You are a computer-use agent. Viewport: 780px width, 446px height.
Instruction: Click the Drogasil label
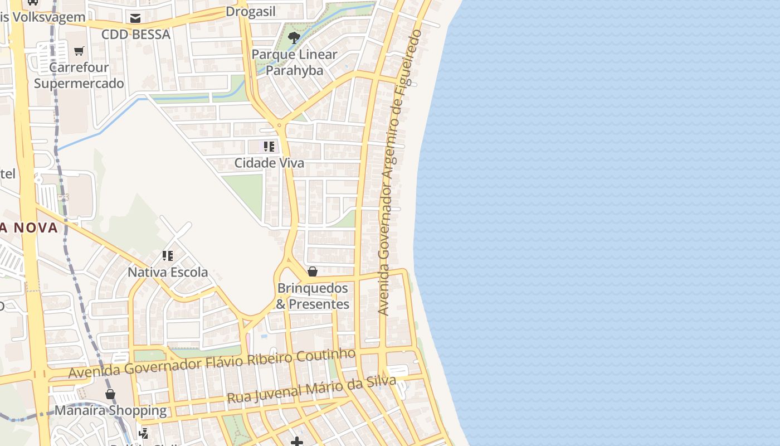coord(251,12)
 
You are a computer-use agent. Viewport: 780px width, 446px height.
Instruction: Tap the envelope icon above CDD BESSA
coord(135,18)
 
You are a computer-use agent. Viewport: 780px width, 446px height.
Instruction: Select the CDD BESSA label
coord(135,35)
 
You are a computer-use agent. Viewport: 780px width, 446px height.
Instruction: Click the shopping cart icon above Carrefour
coord(79,51)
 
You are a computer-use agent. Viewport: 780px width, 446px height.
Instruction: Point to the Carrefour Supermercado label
coord(79,75)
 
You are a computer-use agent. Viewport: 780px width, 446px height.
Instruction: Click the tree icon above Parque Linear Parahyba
coord(294,38)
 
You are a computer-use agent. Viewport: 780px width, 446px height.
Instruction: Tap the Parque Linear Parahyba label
coord(294,62)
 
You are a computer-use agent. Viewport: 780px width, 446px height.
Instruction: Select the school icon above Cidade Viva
coord(269,147)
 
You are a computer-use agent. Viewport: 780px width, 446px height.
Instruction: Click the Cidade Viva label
coord(269,163)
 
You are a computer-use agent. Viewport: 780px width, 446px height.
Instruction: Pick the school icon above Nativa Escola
coord(168,256)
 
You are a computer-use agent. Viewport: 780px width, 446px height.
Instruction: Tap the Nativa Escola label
coord(168,272)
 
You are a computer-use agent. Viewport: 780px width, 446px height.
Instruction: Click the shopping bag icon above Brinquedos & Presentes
coord(313,272)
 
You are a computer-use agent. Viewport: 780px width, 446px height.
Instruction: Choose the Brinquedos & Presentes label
coord(313,296)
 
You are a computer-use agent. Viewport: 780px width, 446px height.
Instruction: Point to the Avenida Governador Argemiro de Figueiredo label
coord(399,173)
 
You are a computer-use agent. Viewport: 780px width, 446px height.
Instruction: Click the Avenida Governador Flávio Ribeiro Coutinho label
coord(212,363)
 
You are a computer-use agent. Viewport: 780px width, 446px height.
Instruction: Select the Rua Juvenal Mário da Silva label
coord(311,390)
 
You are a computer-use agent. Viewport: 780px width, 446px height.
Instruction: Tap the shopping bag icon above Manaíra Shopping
coord(110,394)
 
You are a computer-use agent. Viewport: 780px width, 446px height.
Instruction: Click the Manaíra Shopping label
coord(110,411)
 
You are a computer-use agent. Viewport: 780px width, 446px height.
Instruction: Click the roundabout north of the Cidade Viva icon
coord(279,127)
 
